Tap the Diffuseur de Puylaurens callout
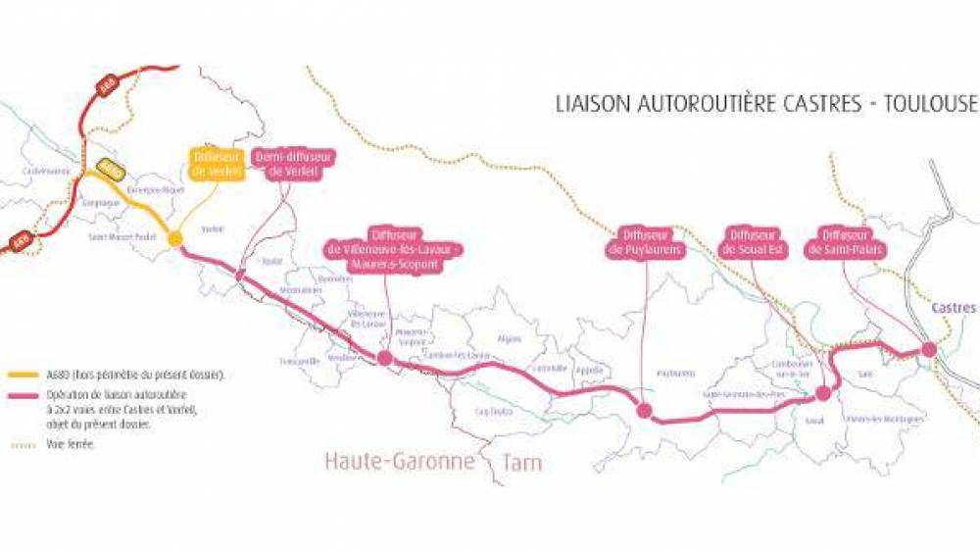(646, 243)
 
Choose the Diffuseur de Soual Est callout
(754, 243)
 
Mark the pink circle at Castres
(928, 349)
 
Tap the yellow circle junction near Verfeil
(175, 238)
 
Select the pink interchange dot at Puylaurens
(644, 411)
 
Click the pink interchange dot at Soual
(823, 393)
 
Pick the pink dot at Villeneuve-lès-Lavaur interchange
(385, 359)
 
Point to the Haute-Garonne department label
(400, 461)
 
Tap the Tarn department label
(517, 461)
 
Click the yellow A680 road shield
(111, 169)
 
